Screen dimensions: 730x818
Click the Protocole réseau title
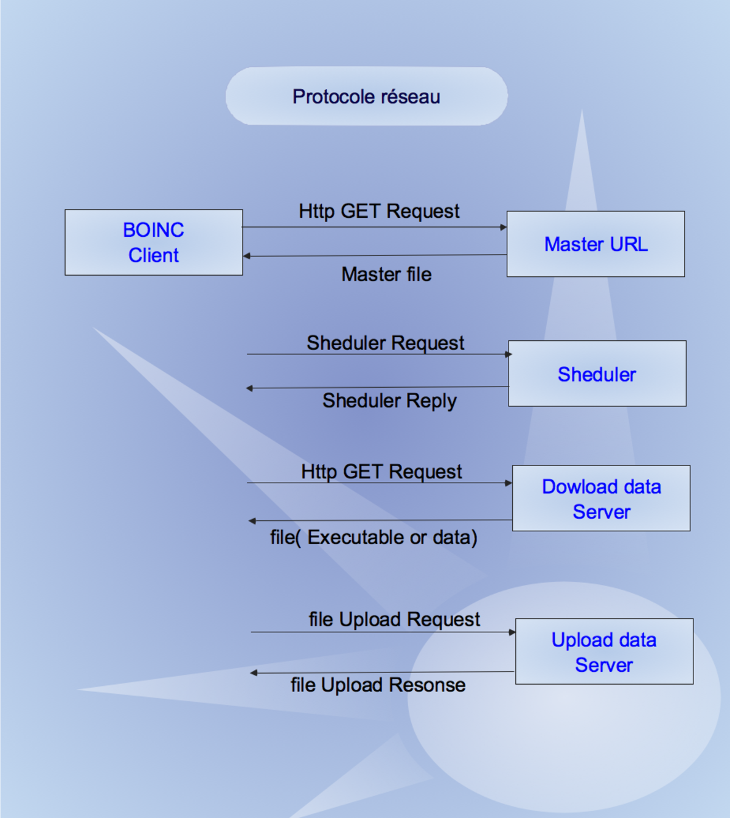pyautogui.click(x=366, y=97)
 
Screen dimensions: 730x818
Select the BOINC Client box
pyautogui.click(x=154, y=242)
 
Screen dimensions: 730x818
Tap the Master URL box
pyautogui.click(x=596, y=244)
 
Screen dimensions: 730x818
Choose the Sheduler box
pyautogui.click(x=597, y=374)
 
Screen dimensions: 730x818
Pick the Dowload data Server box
pyautogui.click(x=601, y=498)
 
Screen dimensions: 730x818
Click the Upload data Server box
pyautogui.click(x=605, y=651)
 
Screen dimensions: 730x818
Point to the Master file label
pyautogui.click(x=386, y=274)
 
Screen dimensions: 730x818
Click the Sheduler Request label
pyautogui.click(x=385, y=343)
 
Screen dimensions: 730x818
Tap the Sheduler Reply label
pyautogui.click(x=389, y=401)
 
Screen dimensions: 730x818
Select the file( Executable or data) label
pyautogui.click(x=374, y=538)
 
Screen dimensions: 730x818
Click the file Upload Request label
pyautogui.click(x=394, y=620)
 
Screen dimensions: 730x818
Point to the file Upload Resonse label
pyautogui.click(x=378, y=685)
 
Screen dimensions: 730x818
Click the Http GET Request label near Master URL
pyautogui.click(x=379, y=212)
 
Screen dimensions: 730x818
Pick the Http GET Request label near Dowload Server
pyautogui.click(x=381, y=472)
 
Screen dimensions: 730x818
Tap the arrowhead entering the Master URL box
pyautogui.click(x=504, y=227)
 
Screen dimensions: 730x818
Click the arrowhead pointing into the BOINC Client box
pyautogui.click(x=246, y=256)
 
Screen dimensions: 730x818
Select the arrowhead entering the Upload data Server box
pyautogui.click(x=512, y=632)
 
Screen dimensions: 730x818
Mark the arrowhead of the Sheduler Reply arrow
pyautogui.click(x=250, y=388)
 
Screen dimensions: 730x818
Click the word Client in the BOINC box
pyautogui.click(x=153, y=256)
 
